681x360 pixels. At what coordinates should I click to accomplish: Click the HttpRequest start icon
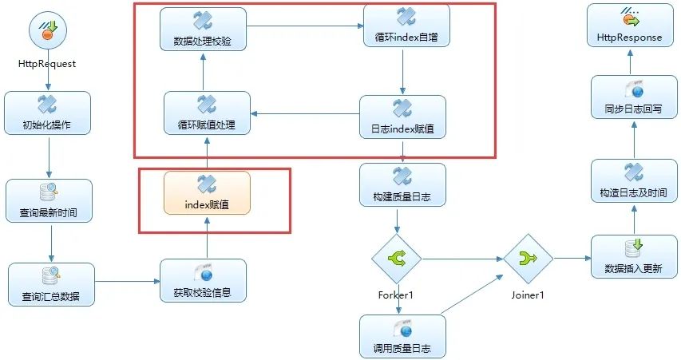click(x=48, y=33)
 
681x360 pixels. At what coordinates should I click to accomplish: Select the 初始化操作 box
click(x=48, y=113)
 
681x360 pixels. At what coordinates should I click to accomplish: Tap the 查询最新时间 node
click(x=49, y=200)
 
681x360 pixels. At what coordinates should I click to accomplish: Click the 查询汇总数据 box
click(x=51, y=284)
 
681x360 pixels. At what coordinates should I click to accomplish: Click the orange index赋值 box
click(x=207, y=192)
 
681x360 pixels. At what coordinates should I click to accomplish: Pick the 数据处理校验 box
click(x=202, y=29)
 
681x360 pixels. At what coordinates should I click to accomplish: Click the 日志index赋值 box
click(x=402, y=117)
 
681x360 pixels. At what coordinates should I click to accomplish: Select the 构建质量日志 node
click(x=402, y=184)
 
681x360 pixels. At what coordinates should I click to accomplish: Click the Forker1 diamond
click(x=395, y=259)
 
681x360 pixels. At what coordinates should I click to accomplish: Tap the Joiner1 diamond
click(x=527, y=259)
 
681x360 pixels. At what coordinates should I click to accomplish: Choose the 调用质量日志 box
click(x=402, y=335)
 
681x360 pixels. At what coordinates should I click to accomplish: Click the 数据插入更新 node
click(x=634, y=256)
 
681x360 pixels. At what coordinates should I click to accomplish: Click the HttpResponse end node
click(x=629, y=26)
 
